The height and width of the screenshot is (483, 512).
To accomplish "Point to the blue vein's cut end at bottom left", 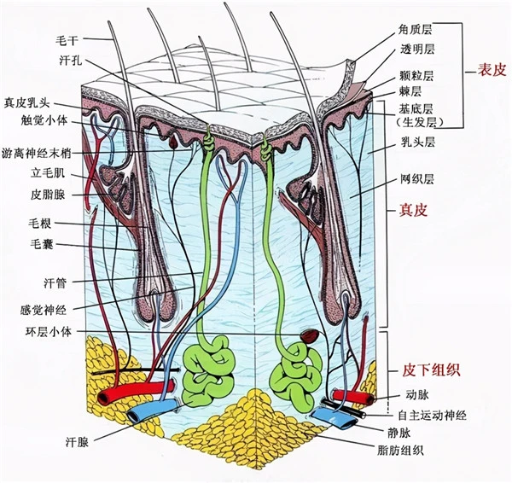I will point(137,415).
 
